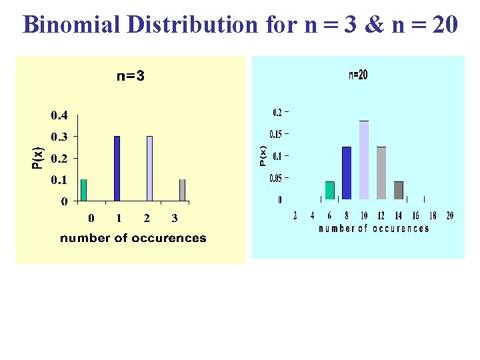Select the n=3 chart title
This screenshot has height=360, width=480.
tap(131, 76)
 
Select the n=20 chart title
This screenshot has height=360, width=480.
tap(358, 75)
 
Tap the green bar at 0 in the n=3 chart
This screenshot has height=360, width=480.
tap(83, 190)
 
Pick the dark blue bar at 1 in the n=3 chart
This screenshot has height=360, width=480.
tap(117, 168)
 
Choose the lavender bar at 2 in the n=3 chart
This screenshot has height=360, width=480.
tap(149, 168)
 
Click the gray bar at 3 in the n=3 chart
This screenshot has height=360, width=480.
tap(182, 190)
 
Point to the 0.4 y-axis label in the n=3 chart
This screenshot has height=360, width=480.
tap(59, 115)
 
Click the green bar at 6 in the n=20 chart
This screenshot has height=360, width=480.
tap(329, 190)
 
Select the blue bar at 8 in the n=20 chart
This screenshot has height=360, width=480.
tap(347, 173)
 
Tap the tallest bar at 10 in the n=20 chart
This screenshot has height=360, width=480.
tap(364, 160)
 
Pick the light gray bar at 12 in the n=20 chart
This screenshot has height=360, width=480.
tap(381, 173)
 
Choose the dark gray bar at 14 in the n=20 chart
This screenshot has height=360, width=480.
tap(399, 190)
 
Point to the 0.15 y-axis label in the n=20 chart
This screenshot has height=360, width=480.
tap(279, 133)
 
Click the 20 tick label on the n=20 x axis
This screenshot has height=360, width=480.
tap(450, 215)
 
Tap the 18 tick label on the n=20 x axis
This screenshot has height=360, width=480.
tap(433, 215)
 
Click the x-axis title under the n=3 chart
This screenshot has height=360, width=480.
tap(133, 238)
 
